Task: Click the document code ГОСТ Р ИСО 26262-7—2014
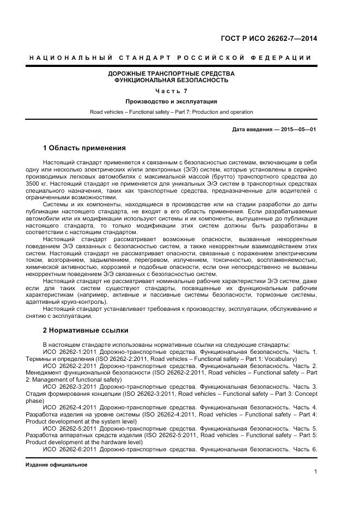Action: coord(269,38)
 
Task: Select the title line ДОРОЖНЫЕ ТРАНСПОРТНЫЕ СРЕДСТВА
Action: coord(171,73)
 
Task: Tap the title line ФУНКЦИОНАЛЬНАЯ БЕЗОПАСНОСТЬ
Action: coord(171,80)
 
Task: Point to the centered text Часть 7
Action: coord(171,91)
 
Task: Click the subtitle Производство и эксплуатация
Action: coord(171,101)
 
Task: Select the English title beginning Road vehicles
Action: coord(171,112)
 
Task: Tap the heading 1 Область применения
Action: coord(84,148)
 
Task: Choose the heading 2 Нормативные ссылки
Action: coord(86,330)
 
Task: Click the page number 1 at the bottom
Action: coord(315,471)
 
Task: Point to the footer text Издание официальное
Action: coord(56,465)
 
